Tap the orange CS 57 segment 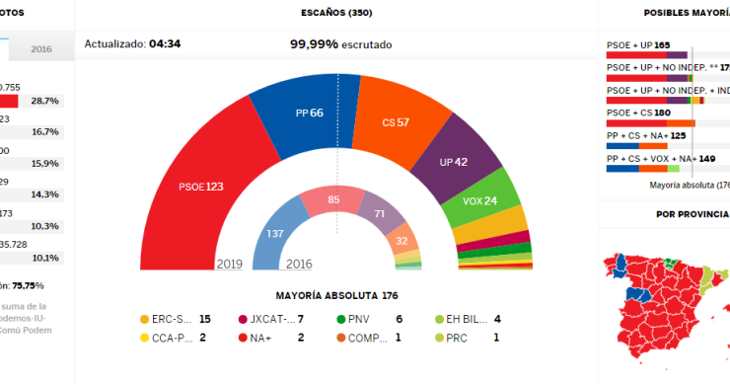[396, 122]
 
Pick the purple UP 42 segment [455, 162]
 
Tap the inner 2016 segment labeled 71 [378, 213]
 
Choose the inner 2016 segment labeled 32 [401, 239]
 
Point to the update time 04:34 [163, 44]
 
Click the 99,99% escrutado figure [340, 44]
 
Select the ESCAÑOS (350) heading [336, 13]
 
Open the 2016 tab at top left [41, 48]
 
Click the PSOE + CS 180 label [638, 113]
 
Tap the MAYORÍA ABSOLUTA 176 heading [336, 295]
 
